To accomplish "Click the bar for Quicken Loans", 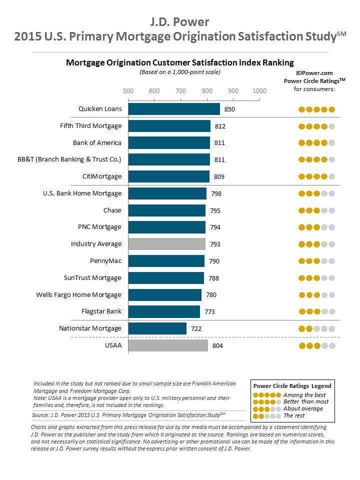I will click(x=174, y=109).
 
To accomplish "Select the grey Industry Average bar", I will click(x=167, y=244).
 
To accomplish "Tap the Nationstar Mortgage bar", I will click(x=157, y=328).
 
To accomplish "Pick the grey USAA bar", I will click(x=168, y=345).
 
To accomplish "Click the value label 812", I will click(x=220, y=126).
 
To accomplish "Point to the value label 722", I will click(x=196, y=328).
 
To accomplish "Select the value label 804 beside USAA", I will click(x=217, y=345).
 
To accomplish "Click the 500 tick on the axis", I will click(x=128, y=91).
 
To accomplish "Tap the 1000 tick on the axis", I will click(x=259, y=91).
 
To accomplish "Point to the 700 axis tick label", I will click(x=180, y=91).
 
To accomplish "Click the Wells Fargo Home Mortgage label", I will click(x=78, y=294).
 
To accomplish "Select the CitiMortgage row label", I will click(x=102, y=176).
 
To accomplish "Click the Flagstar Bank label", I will click(x=101, y=311).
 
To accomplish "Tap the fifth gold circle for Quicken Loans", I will click(x=331, y=109).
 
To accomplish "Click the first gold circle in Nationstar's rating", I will click(x=301, y=329).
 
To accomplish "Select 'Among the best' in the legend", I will click(x=304, y=395).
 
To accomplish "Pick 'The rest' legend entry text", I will click(x=294, y=416).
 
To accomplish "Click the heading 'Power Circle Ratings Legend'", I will click(x=292, y=386).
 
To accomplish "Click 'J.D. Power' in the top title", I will click(x=180, y=22).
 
